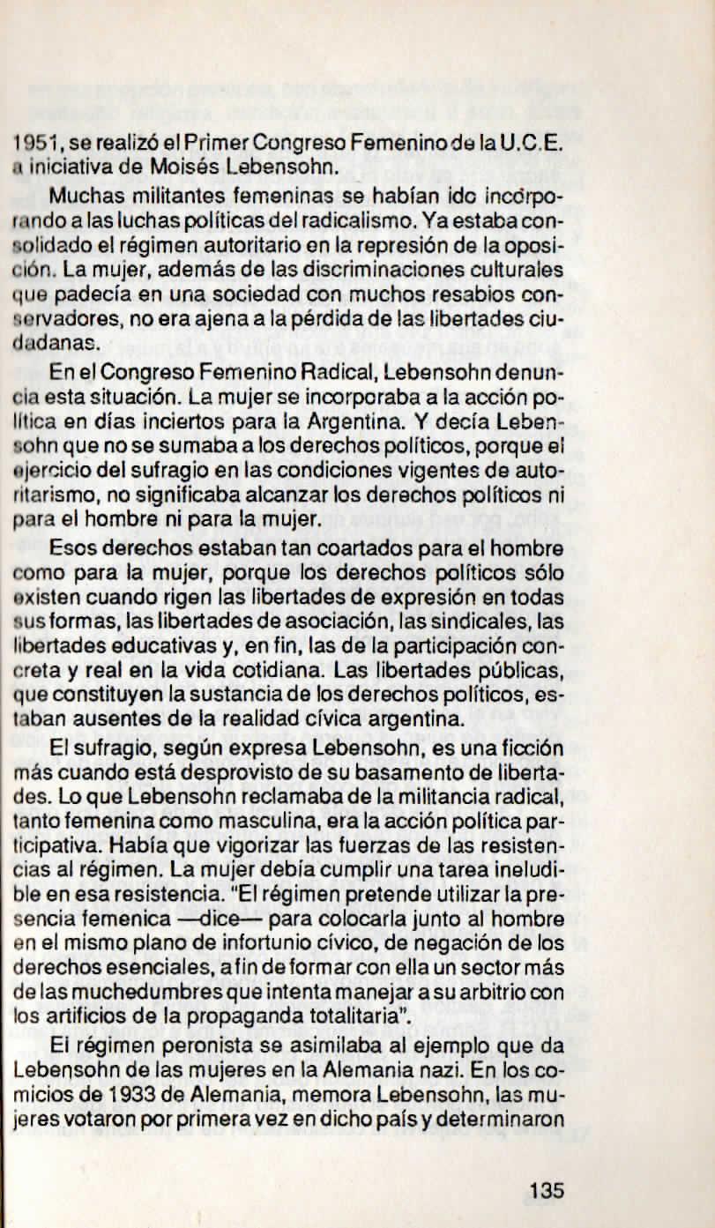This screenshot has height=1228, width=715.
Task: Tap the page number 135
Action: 547,1190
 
